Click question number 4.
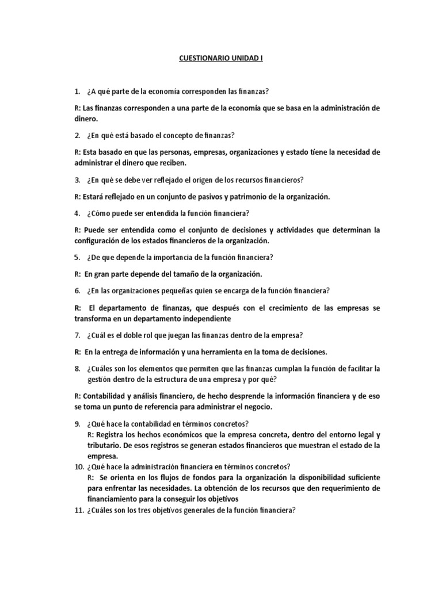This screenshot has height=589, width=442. point(77,213)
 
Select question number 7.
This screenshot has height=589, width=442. point(77,335)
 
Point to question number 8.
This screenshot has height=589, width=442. point(77,368)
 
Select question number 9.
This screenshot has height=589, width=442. point(77,424)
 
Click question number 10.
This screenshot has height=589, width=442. point(78,466)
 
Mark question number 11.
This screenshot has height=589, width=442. point(78,509)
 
